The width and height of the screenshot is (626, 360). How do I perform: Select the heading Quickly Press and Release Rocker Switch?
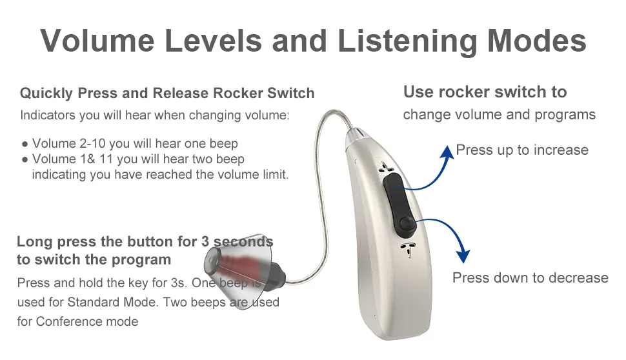167,93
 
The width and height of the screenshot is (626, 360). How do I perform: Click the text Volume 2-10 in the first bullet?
69,143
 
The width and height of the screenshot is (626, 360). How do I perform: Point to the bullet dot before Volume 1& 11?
24,159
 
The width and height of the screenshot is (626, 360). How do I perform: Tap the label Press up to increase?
521,150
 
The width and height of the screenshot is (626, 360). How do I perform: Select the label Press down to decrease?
530,277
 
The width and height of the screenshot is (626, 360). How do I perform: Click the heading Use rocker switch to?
485,92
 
